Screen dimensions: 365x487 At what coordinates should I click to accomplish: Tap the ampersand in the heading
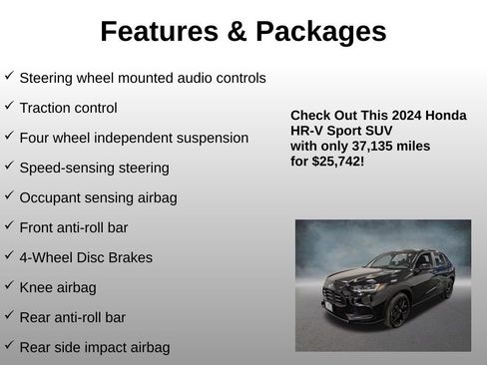click(x=236, y=32)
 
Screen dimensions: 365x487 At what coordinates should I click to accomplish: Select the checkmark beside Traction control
click(x=9, y=106)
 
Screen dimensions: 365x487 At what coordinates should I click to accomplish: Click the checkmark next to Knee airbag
click(x=9, y=285)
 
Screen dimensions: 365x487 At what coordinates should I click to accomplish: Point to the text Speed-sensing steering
click(x=94, y=168)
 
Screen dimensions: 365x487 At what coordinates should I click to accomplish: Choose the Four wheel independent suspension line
click(x=134, y=138)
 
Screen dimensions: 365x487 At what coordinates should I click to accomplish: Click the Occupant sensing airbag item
click(x=98, y=197)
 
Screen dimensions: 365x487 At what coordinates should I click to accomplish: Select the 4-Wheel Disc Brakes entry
click(x=86, y=257)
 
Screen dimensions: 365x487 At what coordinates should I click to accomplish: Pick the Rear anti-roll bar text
click(x=72, y=317)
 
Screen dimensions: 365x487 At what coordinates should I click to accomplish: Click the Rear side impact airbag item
click(x=94, y=347)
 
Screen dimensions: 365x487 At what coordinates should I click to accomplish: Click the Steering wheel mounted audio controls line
click(x=143, y=77)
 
